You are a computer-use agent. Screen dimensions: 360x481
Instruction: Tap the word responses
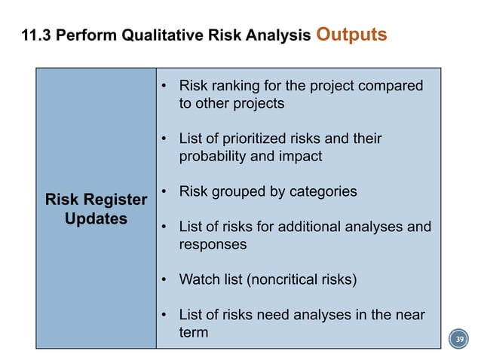point(212,245)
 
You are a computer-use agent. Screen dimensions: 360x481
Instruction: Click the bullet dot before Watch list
point(164,280)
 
